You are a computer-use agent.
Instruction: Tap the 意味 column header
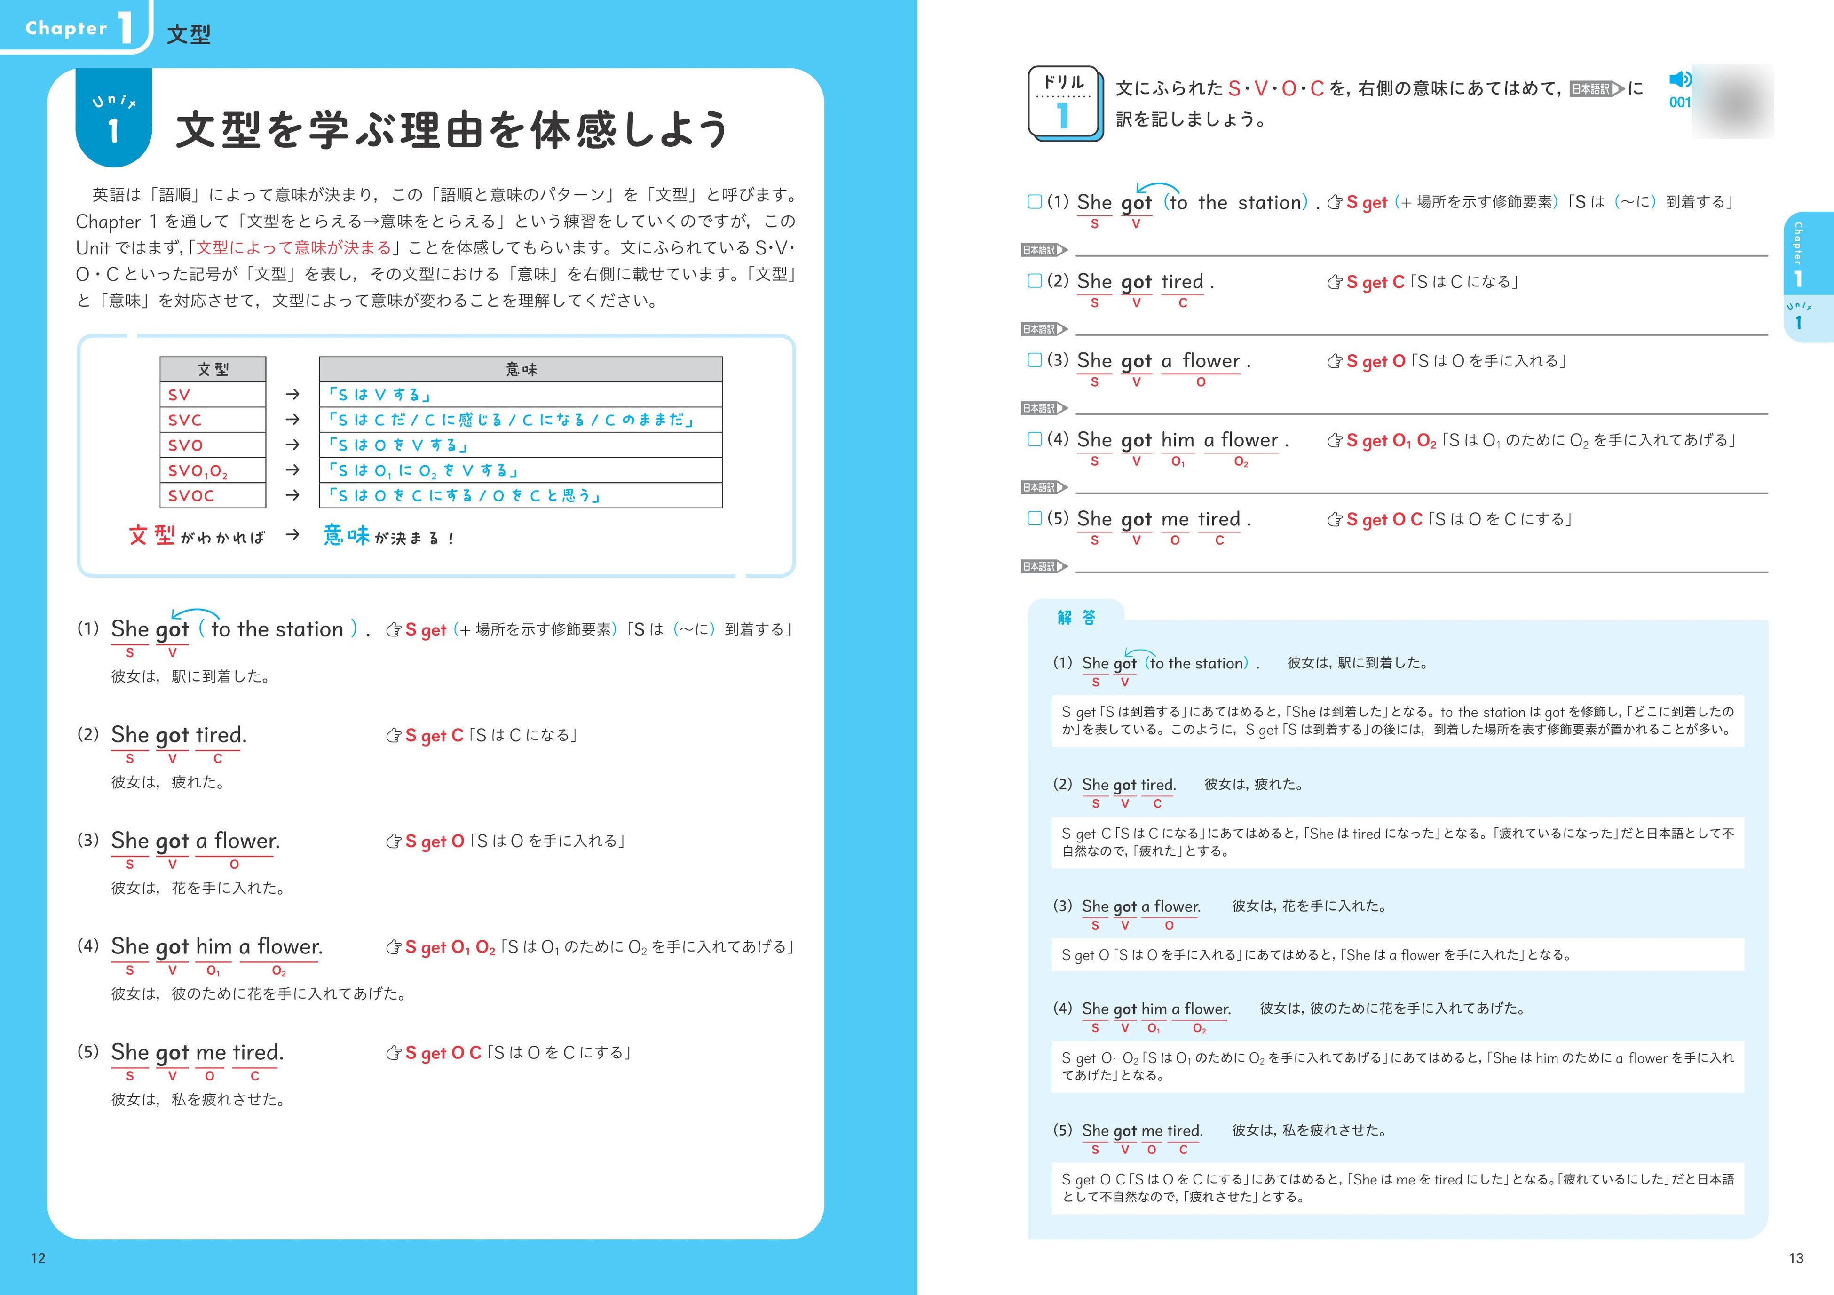click(520, 369)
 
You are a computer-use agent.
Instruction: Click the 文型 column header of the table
click(213, 369)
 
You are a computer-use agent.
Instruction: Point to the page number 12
click(38, 1258)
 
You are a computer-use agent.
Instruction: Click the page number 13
click(1795, 1258)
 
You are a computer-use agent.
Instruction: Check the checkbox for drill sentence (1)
click(1035, 201)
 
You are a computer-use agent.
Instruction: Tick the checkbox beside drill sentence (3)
click(1035, 359)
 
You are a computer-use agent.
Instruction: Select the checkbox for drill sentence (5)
click(1035, 518)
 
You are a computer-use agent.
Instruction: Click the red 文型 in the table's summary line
click(152, 535)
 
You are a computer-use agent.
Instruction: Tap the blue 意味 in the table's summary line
click(347, 535)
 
